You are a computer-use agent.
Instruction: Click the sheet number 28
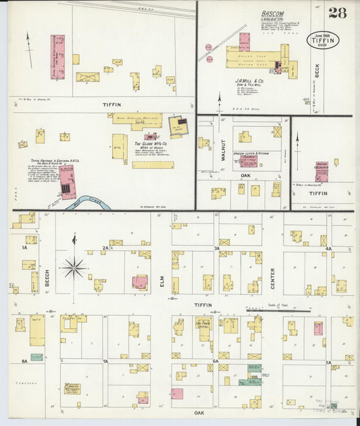337,13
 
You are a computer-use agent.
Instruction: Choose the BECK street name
316,69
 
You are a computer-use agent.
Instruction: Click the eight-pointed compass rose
74,267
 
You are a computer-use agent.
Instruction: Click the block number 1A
24,248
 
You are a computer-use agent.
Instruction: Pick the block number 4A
328,248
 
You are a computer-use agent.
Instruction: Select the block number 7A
105,362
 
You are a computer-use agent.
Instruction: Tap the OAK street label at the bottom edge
199,412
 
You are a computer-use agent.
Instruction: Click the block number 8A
24,362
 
